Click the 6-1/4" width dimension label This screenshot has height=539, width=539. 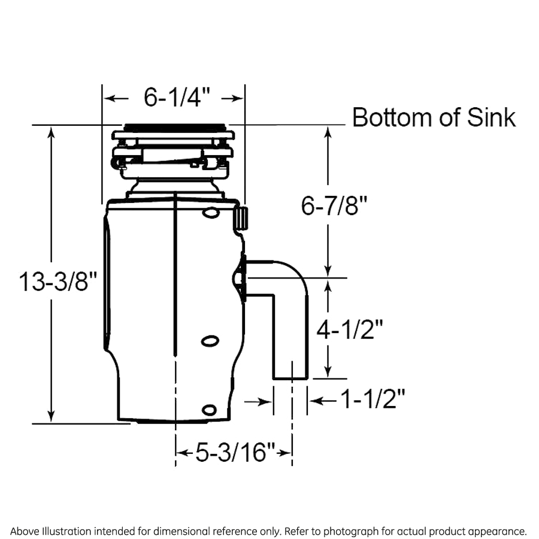click(x=174, y=98)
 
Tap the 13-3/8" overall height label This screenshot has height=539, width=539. click(x=57, y=281)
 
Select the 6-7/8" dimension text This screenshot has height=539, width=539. click(x=334, y=207)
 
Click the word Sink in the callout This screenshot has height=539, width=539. click(x=490, y=117)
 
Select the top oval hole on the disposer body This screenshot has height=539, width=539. click(x=210, y=213)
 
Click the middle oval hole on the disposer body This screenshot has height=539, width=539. click(x=210, y=341)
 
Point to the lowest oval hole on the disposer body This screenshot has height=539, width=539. click(x=209, y=410)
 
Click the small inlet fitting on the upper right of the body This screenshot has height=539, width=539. click(x=241, y=217)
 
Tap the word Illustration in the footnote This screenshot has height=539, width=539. click(x=65, y=531)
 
